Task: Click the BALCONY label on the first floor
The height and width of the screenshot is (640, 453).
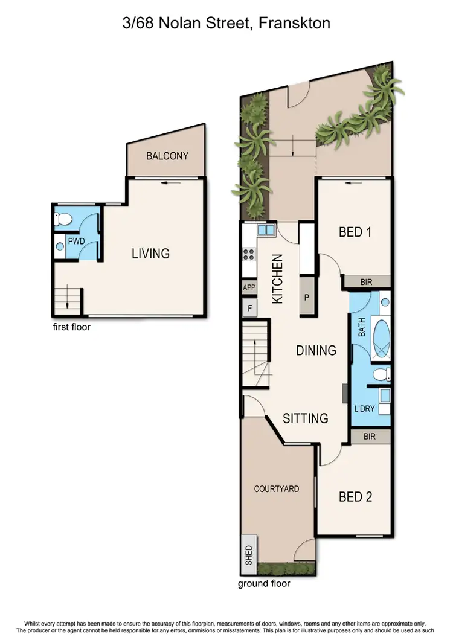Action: coord(167,156)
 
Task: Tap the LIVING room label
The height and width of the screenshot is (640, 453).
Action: coord(151,254)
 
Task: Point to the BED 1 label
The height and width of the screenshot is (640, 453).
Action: coord(355,232)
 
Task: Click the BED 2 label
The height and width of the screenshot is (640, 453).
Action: coord(355,497)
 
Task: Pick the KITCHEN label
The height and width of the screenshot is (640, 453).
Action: coord(277,278)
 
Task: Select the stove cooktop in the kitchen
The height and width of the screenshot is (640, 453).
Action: coord(248,254)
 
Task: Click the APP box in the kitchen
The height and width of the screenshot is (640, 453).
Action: coord(249,288)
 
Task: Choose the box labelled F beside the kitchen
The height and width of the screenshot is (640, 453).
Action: coord(249,308)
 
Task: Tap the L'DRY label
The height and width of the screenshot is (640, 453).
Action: coord(364,409)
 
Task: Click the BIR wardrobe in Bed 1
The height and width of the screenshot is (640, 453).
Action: coord(367,282)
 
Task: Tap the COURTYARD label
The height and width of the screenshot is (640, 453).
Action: coord(277,488)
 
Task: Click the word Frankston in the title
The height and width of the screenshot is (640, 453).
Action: coord(295,24)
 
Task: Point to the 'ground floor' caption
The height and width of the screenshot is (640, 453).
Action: coord(264,583)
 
